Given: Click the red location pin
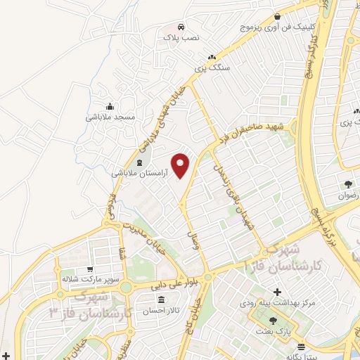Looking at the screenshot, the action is coord(181,165).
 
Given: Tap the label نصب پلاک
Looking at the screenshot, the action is coord(181,36).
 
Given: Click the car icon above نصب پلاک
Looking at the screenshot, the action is coord(181,25).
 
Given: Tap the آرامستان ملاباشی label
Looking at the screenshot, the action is coord(139,172).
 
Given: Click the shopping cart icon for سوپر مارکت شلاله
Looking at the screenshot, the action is coord(89,269).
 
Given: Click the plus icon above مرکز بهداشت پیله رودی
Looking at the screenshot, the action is coord(277,292).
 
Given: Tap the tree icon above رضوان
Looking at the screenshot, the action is coord(347,185).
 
